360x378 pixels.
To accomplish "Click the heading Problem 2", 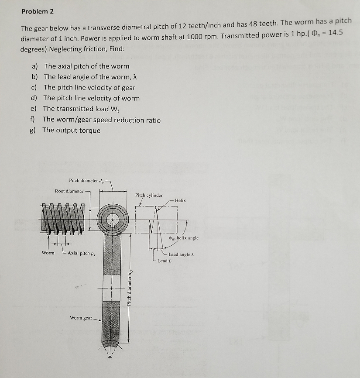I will (37, 11).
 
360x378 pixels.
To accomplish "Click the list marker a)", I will (34, 66).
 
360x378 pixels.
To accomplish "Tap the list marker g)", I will (33, 130).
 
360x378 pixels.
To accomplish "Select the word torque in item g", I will (90, 130).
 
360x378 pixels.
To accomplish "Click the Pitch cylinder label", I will (149, 195).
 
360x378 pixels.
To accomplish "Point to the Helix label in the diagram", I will (180, 200).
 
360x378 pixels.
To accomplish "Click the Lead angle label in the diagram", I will (181, 254).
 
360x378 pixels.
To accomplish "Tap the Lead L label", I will (164, 261).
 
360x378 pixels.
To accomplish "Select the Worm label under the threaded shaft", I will (48, 253).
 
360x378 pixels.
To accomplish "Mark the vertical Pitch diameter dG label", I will (129, 288).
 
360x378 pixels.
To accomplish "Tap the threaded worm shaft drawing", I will (61, 218).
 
